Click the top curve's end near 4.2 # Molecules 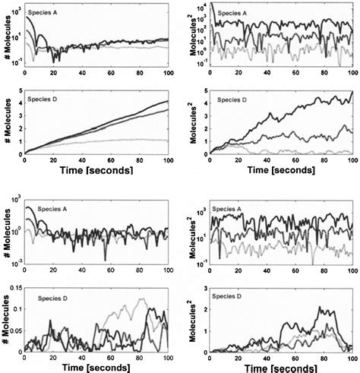point(157,101)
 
